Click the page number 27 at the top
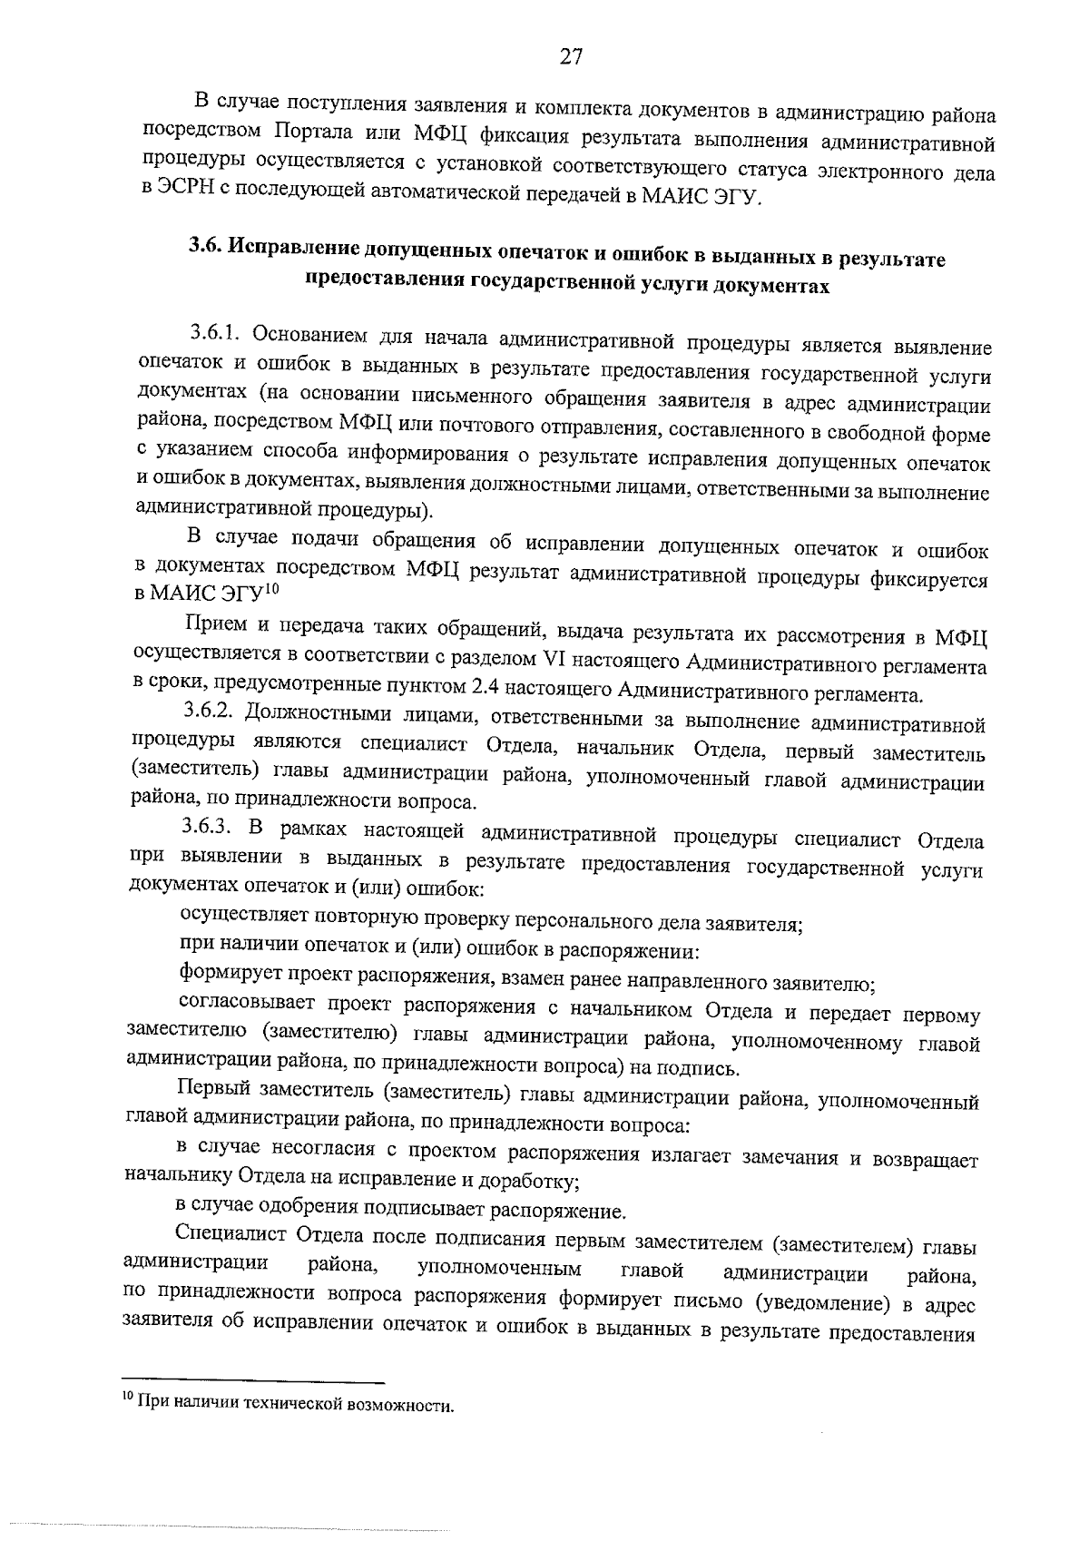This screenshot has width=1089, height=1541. (x=571, y=56)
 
